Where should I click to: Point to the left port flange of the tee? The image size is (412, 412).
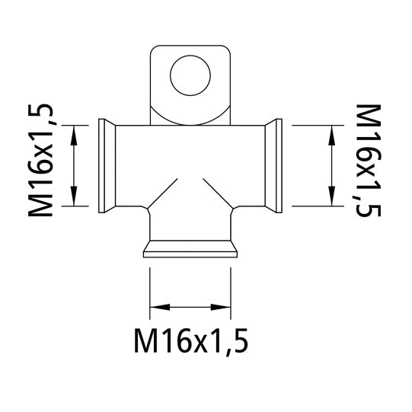click(106, 164)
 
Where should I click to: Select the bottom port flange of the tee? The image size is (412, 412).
click(190, 249)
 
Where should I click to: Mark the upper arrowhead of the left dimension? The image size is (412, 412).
click(74, 131)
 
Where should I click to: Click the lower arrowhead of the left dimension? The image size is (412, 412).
click(74, 200)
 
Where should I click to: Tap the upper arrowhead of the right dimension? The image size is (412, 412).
click(331, 131)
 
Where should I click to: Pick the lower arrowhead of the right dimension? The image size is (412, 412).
click(331, 200)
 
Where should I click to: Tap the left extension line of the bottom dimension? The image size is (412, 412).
click(149, 289)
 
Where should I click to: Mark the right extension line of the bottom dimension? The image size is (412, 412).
click(231, 289)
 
